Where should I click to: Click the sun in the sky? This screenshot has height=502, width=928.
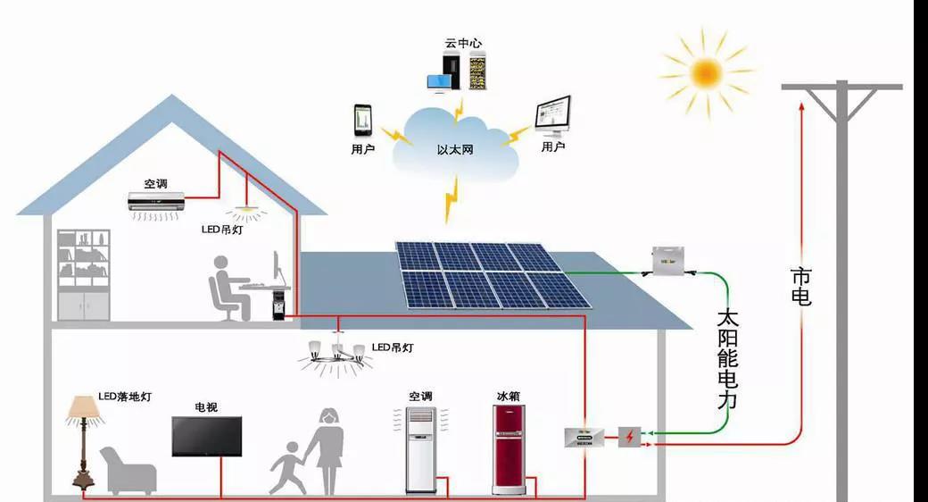click(x=706, y=71)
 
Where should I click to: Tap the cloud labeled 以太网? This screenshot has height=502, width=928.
click(x=455, y=143)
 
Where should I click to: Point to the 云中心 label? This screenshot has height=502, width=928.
click(x=464, y=43)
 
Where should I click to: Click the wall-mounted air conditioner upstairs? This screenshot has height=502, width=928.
click(x=156, y=202)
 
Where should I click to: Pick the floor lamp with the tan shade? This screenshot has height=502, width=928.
click(x=85, y=438)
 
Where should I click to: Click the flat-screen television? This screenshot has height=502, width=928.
click(x=207, y=436)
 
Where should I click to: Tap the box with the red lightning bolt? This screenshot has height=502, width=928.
click(x=629, y=437)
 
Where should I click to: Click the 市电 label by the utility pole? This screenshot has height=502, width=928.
click(x=801, y=286)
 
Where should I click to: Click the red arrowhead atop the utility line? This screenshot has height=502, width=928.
click(x=802, y=107)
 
